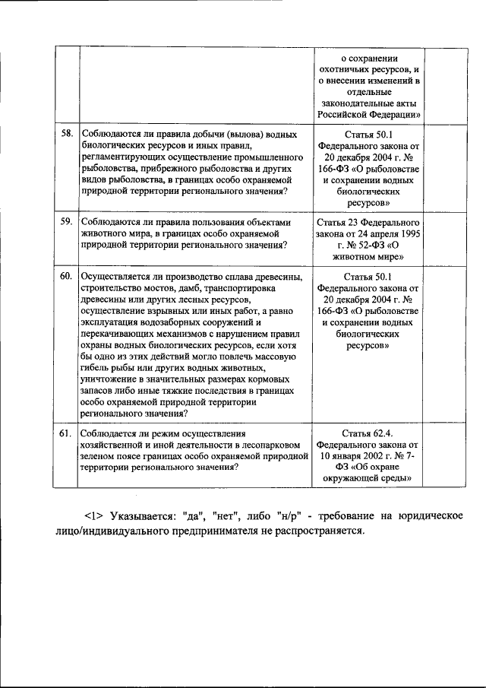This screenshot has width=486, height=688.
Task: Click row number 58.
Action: click(x=66, y=134)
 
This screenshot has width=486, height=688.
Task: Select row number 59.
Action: click(x=66, y=221)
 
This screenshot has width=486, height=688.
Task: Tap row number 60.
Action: click(x=66, y=274)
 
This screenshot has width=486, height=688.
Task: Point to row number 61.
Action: click(x=66, y=433)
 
